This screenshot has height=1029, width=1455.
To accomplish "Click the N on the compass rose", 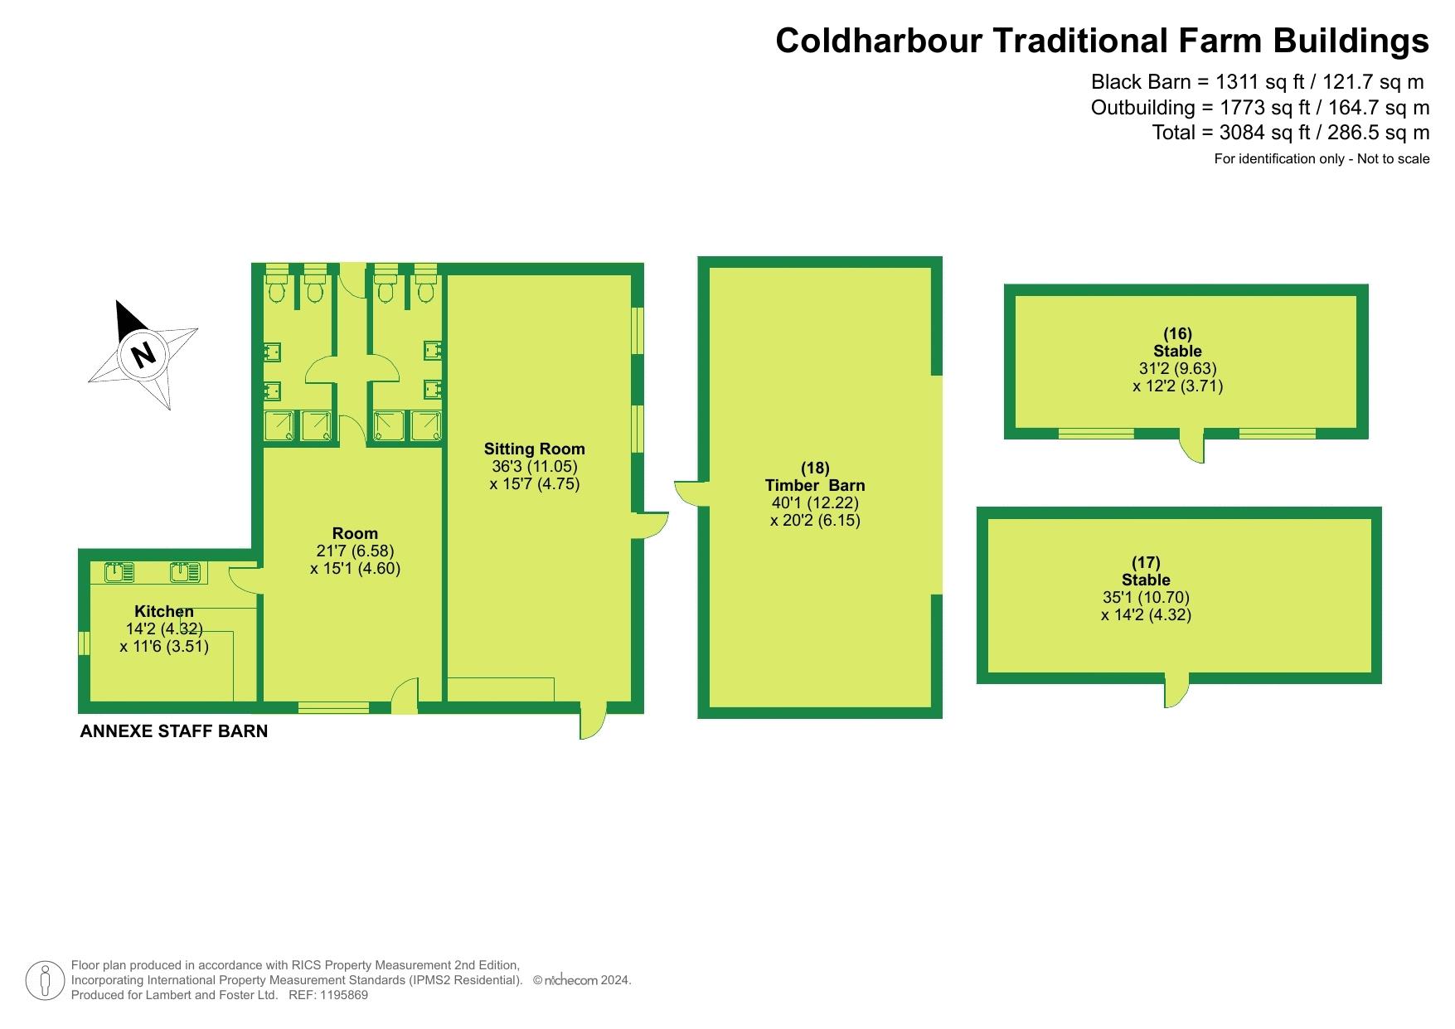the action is point(144,354).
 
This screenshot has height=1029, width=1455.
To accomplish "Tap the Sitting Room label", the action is point(535,449).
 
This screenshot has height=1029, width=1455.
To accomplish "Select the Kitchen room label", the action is point(164,611).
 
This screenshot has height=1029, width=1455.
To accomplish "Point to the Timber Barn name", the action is point(815,485).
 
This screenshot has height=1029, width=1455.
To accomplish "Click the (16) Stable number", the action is point(1177,333).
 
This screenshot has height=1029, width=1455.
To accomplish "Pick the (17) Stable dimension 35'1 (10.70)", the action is point(1147,597).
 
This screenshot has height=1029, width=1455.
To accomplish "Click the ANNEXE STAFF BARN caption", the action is point(174,731).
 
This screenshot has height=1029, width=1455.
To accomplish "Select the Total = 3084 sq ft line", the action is point(1291,133).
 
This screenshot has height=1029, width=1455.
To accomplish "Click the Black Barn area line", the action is point(1258,82).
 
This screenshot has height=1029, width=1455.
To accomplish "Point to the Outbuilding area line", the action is point(1260,108).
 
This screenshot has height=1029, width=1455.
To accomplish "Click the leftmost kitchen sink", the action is point(120,571).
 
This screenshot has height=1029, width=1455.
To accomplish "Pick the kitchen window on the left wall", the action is point(84,643).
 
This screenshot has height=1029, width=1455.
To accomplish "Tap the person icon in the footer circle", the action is point(45,981).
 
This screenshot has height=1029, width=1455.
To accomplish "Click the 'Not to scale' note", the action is point(1394,158).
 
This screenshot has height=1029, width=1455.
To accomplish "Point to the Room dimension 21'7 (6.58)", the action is point(355,551).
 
